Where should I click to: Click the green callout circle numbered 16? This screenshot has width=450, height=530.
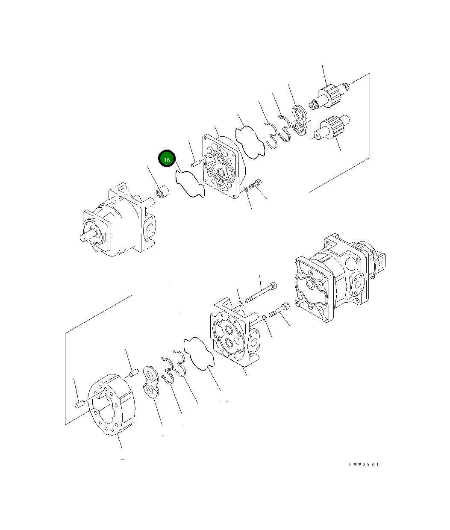[167, 159]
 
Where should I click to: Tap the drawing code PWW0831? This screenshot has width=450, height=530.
[363, 465]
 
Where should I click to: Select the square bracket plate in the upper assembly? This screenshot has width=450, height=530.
[221, 167]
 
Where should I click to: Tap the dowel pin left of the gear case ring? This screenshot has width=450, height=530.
[79, 404]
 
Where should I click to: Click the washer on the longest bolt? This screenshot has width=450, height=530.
[241, 304]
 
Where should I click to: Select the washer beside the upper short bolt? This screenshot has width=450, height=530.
[246, 189]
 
